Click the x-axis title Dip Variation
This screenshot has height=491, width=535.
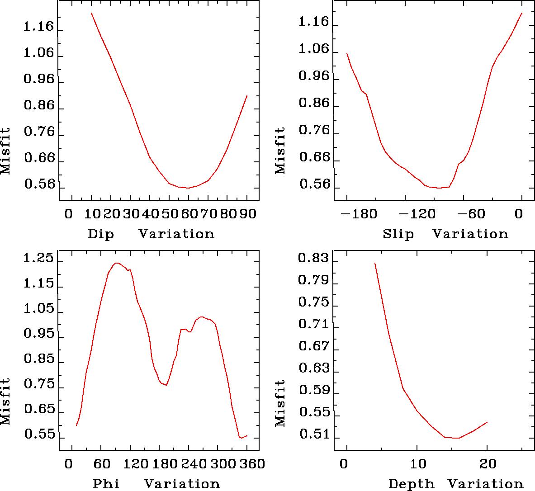[x=151, y=234]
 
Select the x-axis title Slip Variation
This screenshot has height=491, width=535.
[x=445, y=234]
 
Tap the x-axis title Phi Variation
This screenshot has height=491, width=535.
[x=156, y=484]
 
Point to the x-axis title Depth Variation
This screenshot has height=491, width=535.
[x=455, y=484]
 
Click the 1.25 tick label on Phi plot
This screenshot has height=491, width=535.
[x=39, y=260]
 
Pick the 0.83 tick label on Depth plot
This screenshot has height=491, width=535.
[x=314, y=259]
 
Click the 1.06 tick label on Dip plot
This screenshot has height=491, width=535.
[x=39, y=54]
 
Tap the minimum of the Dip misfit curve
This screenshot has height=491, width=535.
[x=188, y=188]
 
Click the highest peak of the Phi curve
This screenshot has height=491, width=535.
[x=117, y=263]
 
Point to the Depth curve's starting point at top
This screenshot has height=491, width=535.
[x=374, y=263]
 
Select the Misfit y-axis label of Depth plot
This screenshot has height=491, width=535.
[x=281, y=403]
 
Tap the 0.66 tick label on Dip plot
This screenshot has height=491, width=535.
[x=39, y=159]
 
